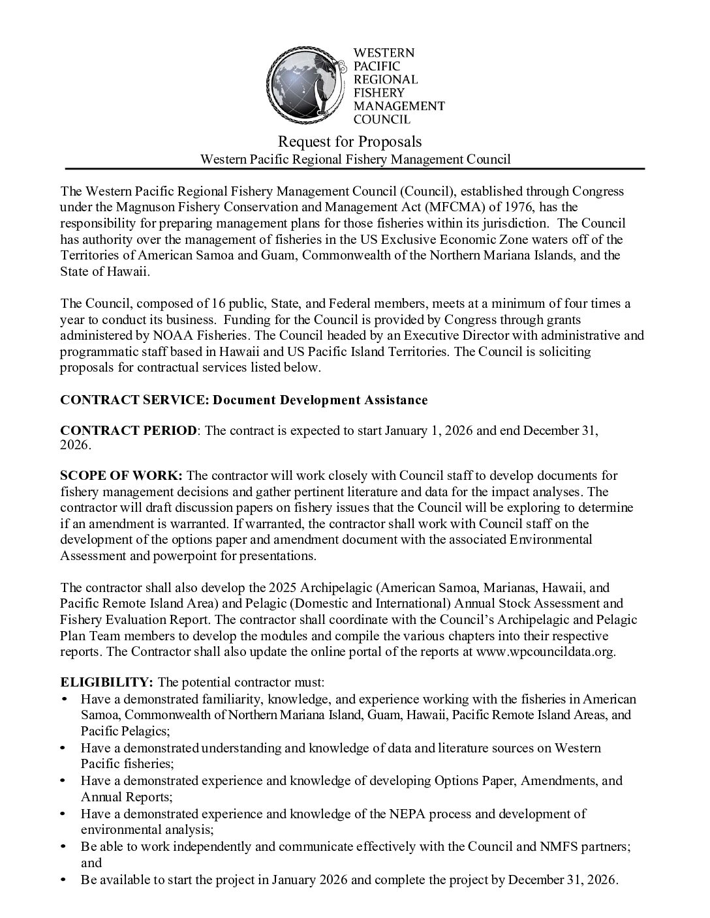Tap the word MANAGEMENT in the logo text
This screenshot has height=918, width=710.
tap(399, 106)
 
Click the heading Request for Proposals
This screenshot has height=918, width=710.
tap(350, 141)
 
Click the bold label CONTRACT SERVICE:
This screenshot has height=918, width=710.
tap(132, 400)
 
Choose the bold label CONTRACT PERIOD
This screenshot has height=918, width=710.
tap(128, 431)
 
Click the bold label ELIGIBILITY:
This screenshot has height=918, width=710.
tap(107, 682)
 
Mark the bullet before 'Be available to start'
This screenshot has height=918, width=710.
tap(63, 880)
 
